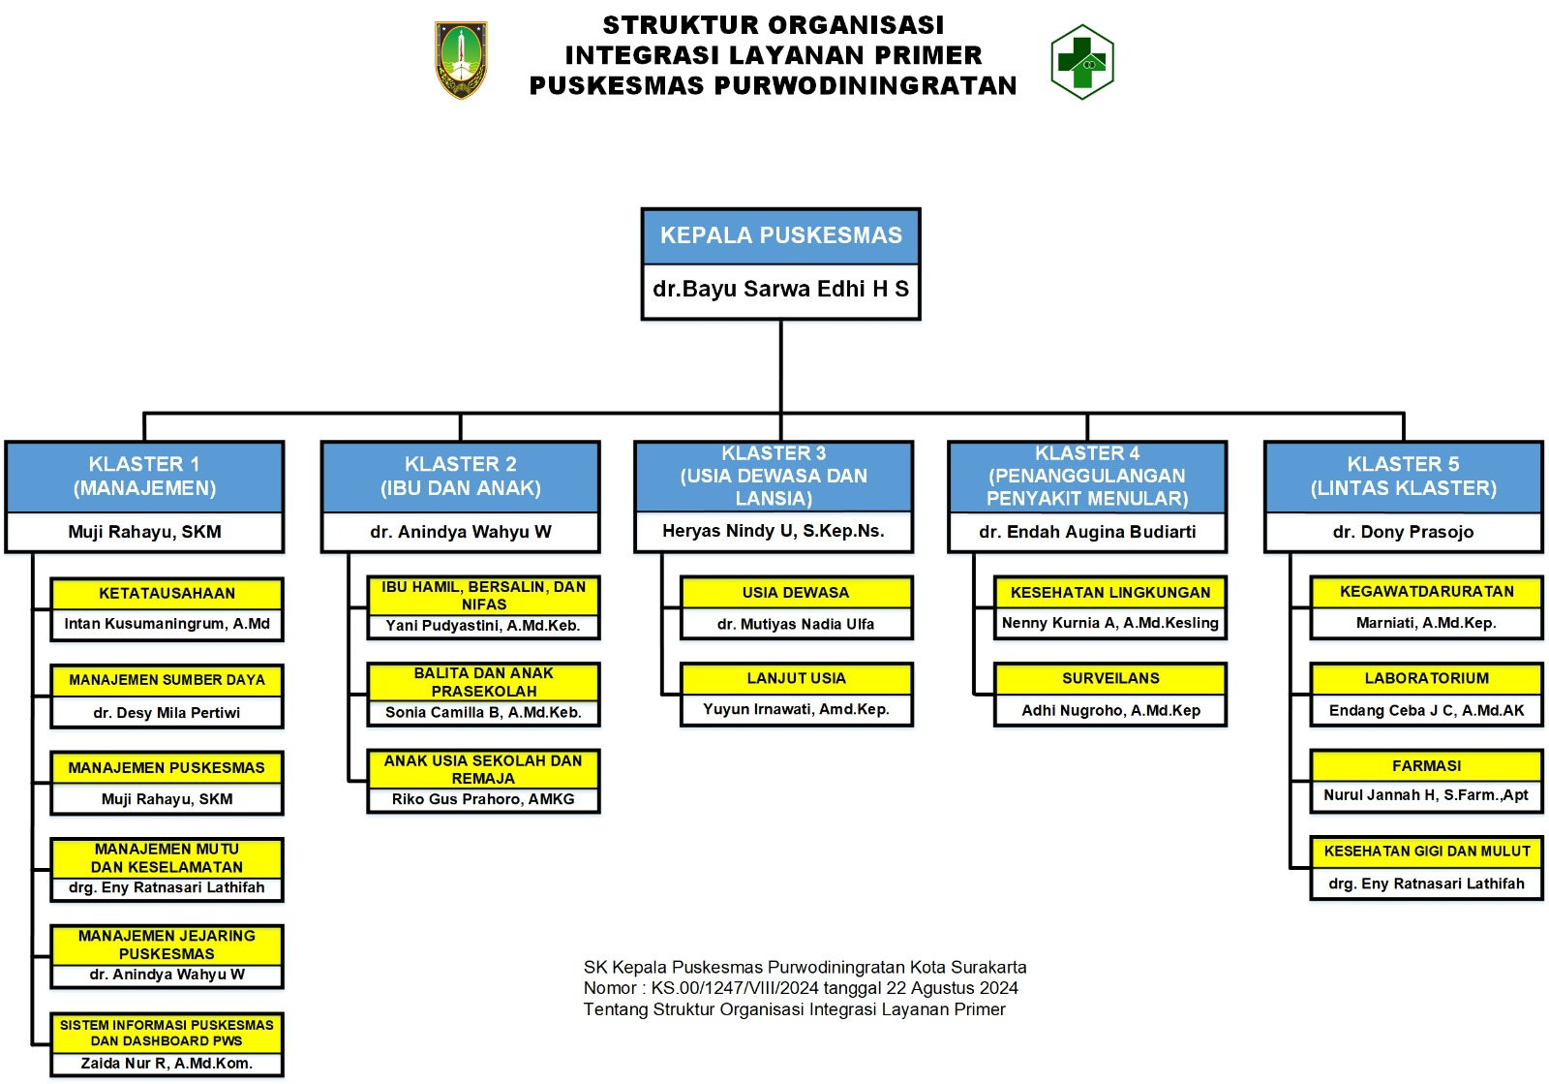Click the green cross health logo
coord(1082,62)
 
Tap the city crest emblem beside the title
coord(461,60)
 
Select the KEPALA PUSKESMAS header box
coord(780,236)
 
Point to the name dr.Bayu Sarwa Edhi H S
coord(780,289)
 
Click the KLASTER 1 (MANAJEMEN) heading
coord(144,476)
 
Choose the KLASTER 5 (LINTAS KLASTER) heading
coord(1403,476)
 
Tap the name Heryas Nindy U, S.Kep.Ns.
coord(774,531)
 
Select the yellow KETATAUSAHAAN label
coord(167,594)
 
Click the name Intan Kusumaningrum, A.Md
coord(167,623)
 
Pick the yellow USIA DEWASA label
coord(796,592)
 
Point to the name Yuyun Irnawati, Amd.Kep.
coord(796,709)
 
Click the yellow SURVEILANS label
coord(1109,679)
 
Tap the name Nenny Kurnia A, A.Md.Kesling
coord(1109,623)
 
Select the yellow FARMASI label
coord(1426,766)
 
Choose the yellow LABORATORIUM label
coord(1426,679)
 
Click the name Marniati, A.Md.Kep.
coord(1426,623)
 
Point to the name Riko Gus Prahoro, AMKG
coord(483,799)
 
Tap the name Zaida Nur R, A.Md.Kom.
coord(167,1063)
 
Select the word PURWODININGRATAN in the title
coord(866,86)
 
